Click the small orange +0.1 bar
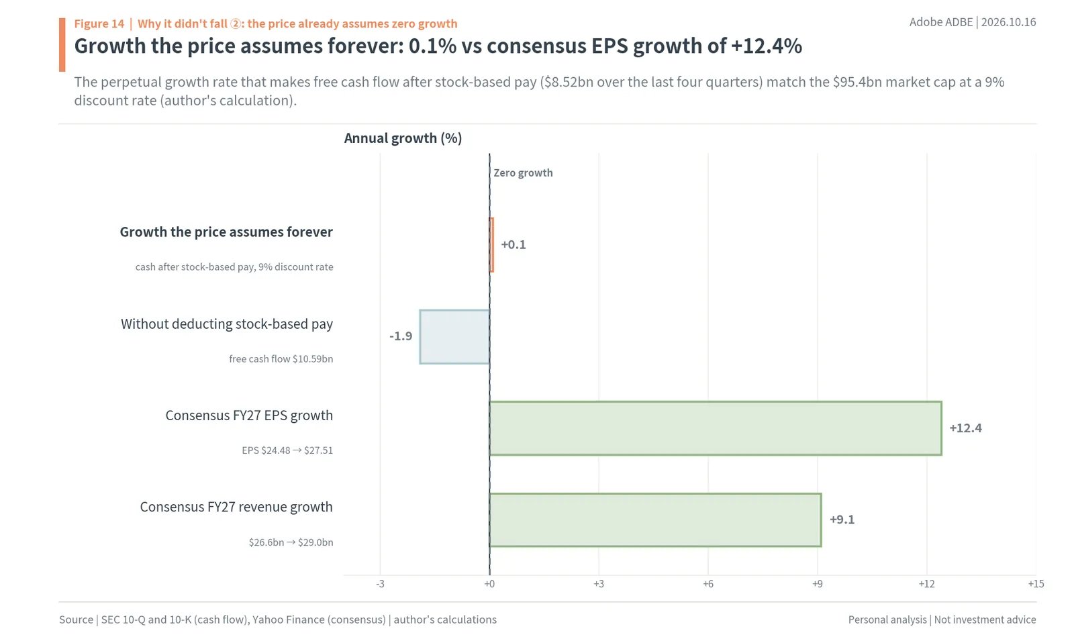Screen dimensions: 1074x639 (491, 245)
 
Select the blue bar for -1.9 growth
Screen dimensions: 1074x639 (454, 336)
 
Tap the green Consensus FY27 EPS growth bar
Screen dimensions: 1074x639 (716, 428)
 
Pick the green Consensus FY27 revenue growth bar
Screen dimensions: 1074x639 (655, 520)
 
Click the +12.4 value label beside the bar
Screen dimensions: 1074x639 (966, 428)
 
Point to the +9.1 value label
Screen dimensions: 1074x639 (842, 520)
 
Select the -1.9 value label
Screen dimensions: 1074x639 (401, 336)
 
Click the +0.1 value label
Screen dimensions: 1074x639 (514, 244)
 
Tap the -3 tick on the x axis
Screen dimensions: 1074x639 (380, 584)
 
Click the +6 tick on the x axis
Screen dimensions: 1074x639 (708, 584)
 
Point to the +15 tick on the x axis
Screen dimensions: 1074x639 (1036, 584)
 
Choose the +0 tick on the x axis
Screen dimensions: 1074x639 (489, 584)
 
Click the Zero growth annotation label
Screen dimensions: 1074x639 (523, 173)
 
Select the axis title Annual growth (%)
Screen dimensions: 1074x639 (403, 138)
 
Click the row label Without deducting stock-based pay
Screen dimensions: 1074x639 (227, 324)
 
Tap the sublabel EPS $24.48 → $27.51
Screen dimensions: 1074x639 (287, 450)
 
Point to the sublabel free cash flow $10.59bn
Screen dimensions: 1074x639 (281, 359)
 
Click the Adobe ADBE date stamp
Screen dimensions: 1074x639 (973, 23)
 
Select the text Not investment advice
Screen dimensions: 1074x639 (985, 620)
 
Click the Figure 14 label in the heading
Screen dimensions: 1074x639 (99, 23)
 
